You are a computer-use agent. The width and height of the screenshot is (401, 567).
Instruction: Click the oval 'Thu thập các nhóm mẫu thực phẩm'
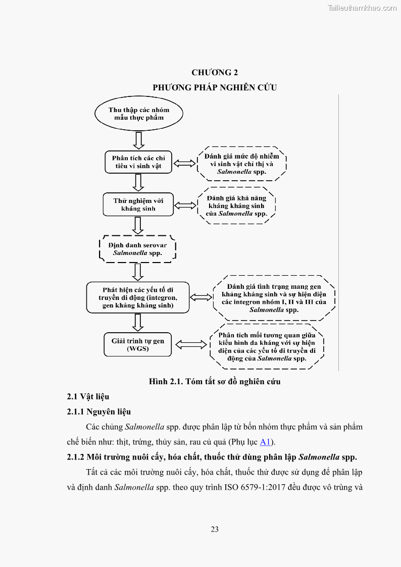point(138,114)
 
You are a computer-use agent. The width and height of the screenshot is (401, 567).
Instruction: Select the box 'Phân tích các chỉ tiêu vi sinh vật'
point(138,162)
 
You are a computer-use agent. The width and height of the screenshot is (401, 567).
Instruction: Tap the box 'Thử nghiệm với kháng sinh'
point(138,204)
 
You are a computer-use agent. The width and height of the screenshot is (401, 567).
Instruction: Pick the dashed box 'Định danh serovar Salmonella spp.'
point(137,249)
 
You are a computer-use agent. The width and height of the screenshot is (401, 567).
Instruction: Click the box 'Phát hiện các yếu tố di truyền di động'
point(137,297)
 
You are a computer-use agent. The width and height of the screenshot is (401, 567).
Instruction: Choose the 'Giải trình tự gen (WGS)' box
point(137,344)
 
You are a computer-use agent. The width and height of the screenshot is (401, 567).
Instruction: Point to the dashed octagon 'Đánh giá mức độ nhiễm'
point(241,164)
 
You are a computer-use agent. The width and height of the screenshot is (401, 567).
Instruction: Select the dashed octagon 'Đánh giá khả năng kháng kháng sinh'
point(236,206)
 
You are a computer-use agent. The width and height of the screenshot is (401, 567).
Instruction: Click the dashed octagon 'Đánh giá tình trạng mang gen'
point(274,298)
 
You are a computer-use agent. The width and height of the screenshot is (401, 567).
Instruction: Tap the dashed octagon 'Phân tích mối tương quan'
point(266,346)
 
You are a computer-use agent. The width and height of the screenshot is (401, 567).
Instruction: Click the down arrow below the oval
point(138,140)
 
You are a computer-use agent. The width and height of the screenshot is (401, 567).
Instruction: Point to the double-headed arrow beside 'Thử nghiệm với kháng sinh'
point(185,205)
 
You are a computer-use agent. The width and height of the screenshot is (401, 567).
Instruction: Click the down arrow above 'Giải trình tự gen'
point(138,322)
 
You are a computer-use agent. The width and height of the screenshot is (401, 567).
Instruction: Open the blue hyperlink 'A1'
point(265,442)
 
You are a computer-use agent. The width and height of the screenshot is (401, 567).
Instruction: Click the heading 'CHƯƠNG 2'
point(215,72)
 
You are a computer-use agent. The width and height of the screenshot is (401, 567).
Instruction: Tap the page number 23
point(215,529)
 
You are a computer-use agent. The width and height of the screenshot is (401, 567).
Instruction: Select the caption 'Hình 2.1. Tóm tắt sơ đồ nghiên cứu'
point(215,381)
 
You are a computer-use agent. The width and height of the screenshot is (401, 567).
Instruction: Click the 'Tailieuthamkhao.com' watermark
point(362,8)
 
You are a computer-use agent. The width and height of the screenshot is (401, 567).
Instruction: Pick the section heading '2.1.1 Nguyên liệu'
point(99,412)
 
